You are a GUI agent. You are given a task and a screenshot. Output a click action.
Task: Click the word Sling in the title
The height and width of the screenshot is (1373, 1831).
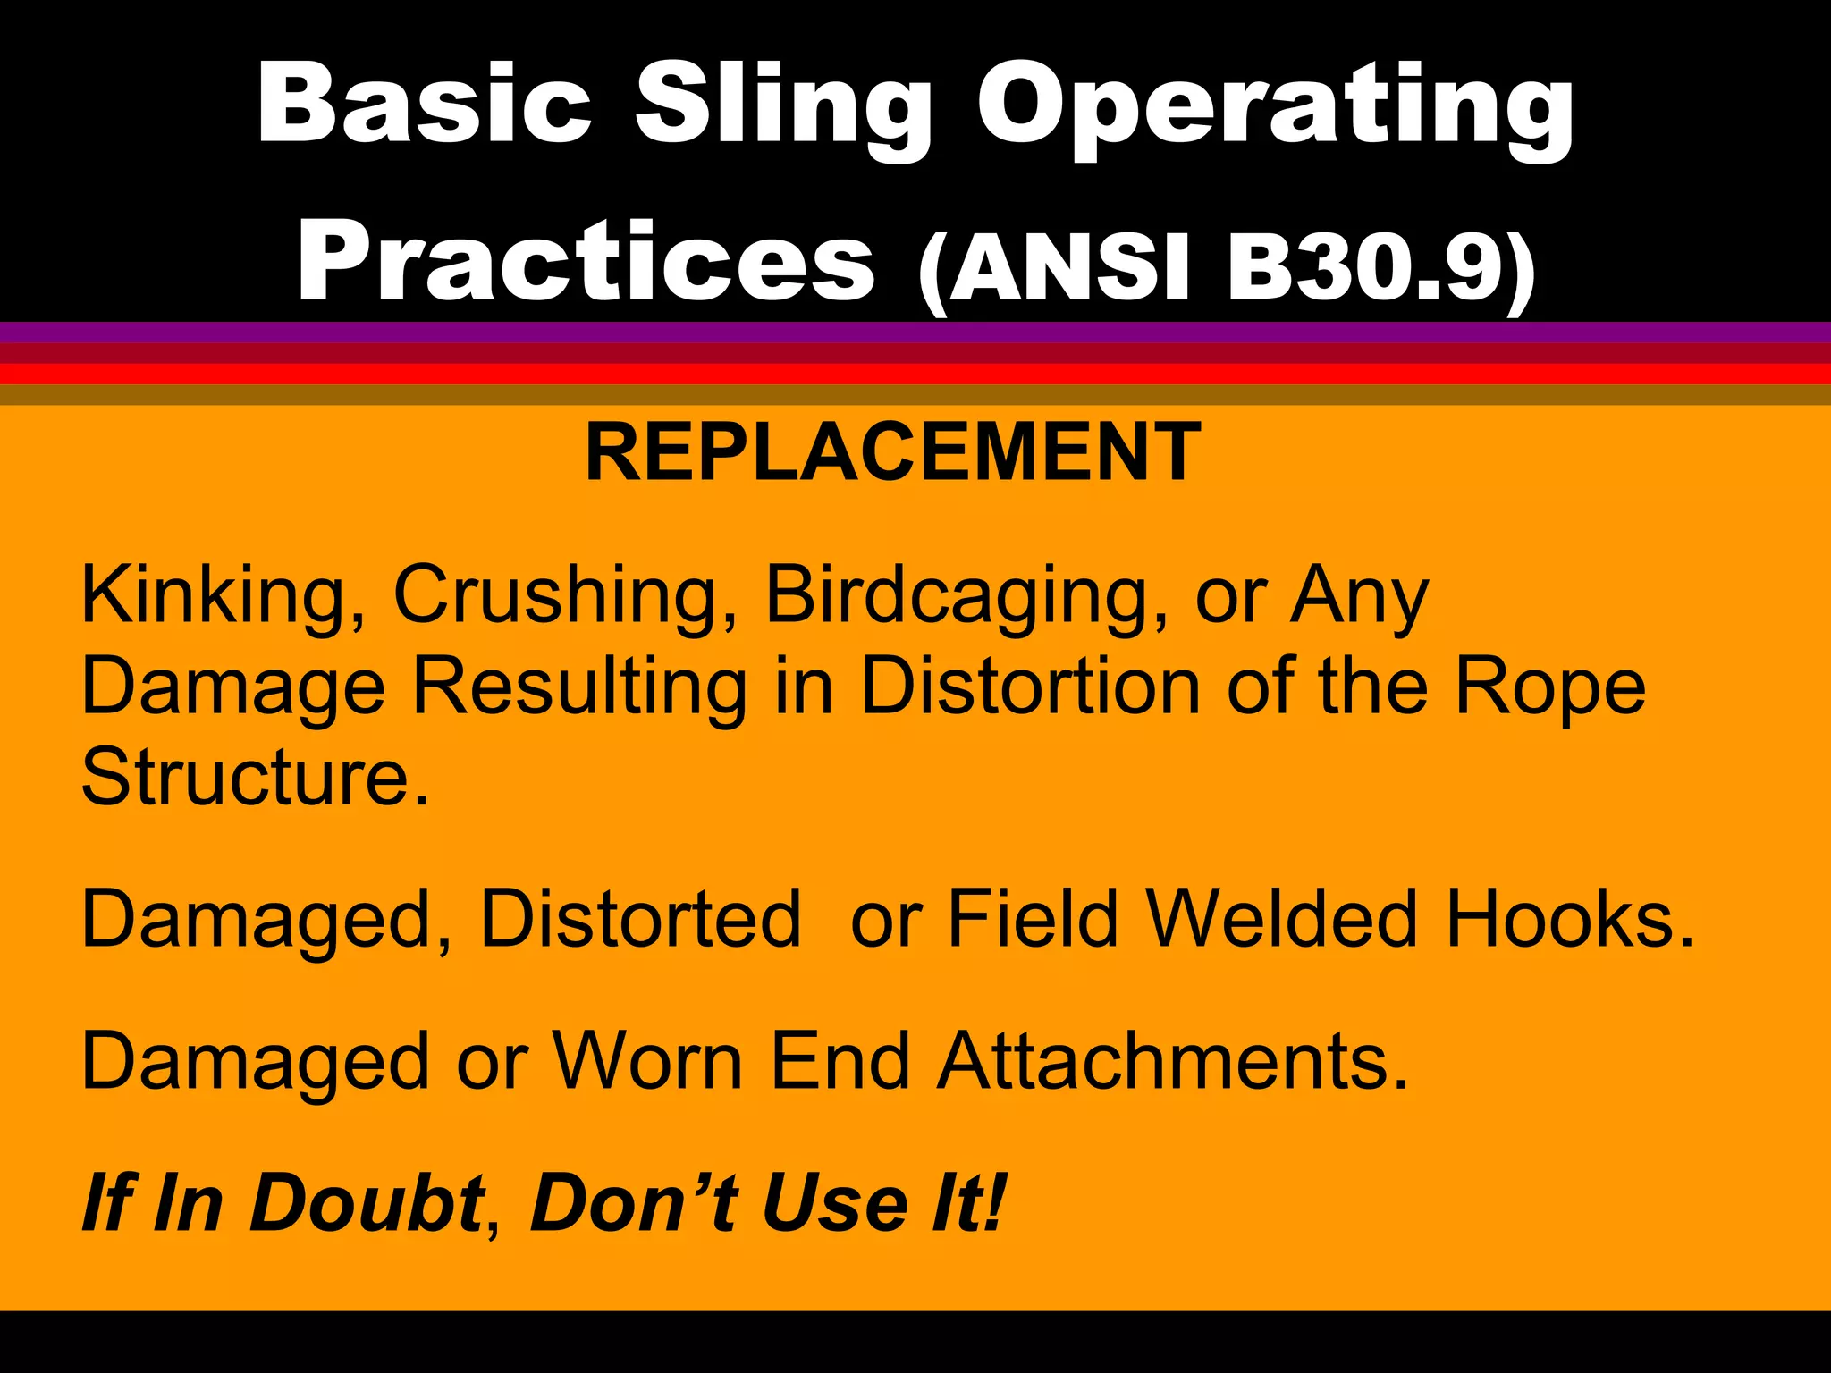coord(782,107)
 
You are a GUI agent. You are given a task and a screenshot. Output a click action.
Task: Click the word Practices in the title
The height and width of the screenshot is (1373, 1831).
coord(586,264)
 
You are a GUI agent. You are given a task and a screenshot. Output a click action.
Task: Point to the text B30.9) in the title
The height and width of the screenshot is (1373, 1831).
coord(1381,268)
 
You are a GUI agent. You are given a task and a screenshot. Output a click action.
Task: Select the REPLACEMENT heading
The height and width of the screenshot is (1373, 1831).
coord(892,453)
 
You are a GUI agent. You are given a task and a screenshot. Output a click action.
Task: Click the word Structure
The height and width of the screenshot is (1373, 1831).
coord(256,776)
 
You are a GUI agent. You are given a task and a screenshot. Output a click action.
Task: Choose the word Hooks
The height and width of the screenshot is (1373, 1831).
coord(1570,918)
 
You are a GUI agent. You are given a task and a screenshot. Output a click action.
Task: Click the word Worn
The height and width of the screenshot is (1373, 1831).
coord(647,1061)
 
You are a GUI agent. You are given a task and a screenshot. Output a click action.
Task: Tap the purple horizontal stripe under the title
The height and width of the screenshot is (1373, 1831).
coord(915,332)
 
